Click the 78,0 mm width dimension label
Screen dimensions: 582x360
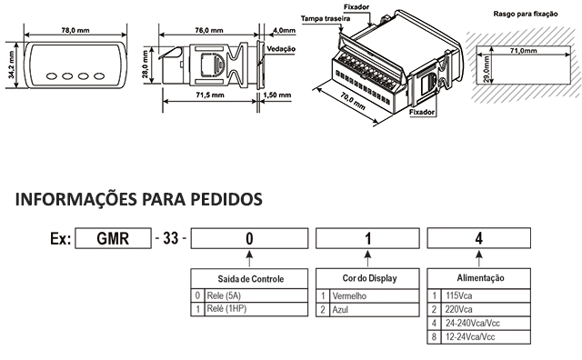[75, 30]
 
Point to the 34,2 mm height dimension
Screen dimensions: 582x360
[11, 65]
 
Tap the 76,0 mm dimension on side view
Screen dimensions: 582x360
[209, 30]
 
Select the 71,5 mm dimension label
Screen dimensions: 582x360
[210, 95]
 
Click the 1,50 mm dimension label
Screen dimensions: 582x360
[276, 95]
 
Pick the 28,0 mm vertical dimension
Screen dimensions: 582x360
[145, 65]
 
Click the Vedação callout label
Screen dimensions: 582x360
[281, 48]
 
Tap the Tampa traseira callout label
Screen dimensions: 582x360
[326, 18]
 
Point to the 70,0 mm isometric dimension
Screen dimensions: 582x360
[353, 101]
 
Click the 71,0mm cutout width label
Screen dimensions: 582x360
[523, 51]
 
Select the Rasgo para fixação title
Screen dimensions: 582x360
[526, 15]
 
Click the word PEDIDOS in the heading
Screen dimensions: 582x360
[226, 199]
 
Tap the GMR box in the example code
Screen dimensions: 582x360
[113, 238]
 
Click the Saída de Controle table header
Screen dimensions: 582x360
[251, 279]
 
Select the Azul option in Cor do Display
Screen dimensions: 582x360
[340, 310]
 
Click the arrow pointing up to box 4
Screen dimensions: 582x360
[479, 259]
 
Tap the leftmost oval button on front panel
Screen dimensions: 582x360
[52, 76]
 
